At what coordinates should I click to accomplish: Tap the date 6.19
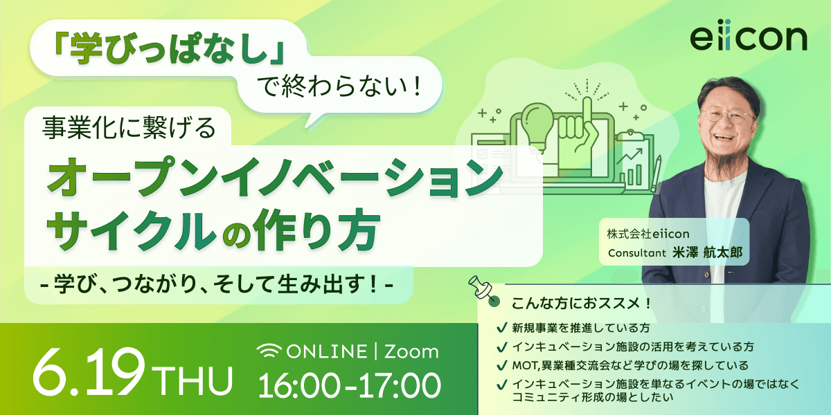click(88, 371)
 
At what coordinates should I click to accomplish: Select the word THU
click(195, 380)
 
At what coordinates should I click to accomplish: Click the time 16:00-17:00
click(349, 386)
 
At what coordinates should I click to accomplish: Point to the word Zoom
click(411, 351)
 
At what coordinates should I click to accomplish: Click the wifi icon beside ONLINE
click(269, 351)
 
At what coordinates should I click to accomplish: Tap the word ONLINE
click(327, 351)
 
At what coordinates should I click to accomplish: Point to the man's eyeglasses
click(726, 116)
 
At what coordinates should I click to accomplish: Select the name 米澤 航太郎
click(708, 252)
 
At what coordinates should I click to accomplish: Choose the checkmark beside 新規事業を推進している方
click(501, 328)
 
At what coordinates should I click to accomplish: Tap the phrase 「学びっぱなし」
click(168, 50)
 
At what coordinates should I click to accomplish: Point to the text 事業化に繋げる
click(129, 128)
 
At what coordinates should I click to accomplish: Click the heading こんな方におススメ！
click(582, 304)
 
